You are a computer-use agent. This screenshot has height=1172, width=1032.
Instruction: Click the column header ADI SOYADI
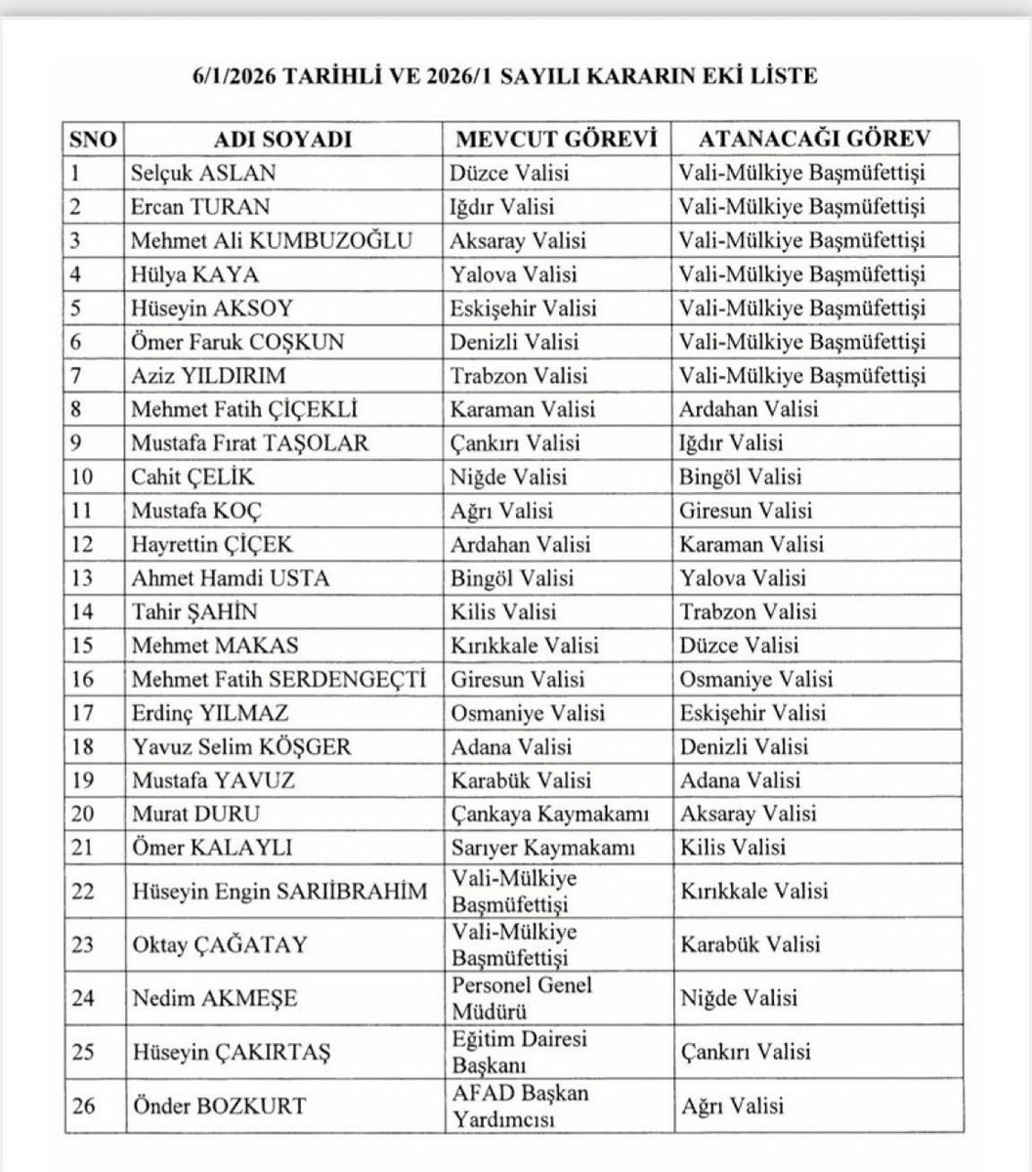[281, 139]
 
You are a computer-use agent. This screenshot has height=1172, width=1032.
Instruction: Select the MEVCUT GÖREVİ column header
[553, 139]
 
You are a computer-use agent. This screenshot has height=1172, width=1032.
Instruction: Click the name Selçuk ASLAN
[203, 173]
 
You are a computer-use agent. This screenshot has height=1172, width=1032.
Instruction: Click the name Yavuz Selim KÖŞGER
[241, 747]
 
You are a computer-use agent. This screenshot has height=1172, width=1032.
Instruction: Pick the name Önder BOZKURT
[218, 1106]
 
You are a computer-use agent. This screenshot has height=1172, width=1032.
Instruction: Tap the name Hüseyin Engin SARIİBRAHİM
[279, 891]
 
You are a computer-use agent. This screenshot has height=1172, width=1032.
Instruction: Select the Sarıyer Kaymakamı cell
[542, 848]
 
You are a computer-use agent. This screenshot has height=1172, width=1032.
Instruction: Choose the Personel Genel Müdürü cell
[522, 998]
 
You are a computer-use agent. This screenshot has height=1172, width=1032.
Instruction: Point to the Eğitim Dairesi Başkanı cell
[519, 1052]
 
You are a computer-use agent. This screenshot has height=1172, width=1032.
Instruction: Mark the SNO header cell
[92, 139]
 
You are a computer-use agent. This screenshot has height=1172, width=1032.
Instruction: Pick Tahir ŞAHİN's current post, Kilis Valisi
[503, 612]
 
